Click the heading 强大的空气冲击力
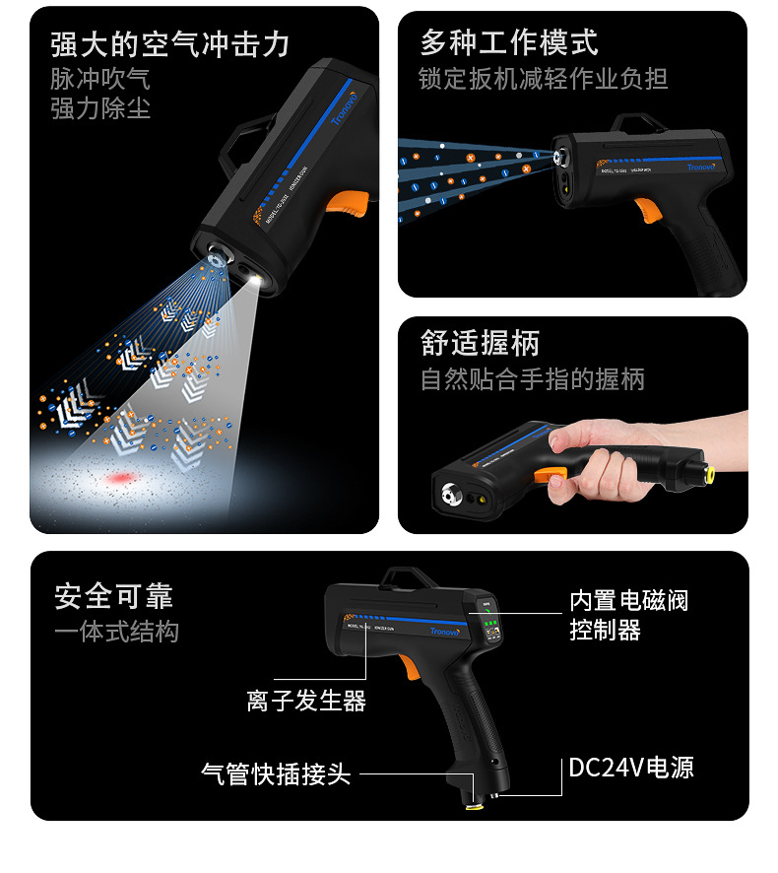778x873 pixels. pos(170,45)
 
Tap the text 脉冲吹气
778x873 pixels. pos(100,78)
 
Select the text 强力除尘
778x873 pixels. pos(100,107)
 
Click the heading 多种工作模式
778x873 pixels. pos(509,42)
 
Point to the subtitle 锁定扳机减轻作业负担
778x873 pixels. pos(544,78)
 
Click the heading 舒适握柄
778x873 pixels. pos(480,343)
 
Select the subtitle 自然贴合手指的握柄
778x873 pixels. pos(532,378)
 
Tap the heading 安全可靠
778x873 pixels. pos(113,596)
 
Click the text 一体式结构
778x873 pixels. pos(116,632)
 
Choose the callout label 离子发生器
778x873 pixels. pos(306,701)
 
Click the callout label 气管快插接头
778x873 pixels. pos(276,773)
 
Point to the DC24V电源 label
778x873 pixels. pos(631,768)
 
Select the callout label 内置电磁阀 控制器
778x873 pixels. pos(628,615)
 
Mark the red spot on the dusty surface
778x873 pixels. pos(122,479)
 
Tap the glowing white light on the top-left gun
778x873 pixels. pos(258,282)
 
